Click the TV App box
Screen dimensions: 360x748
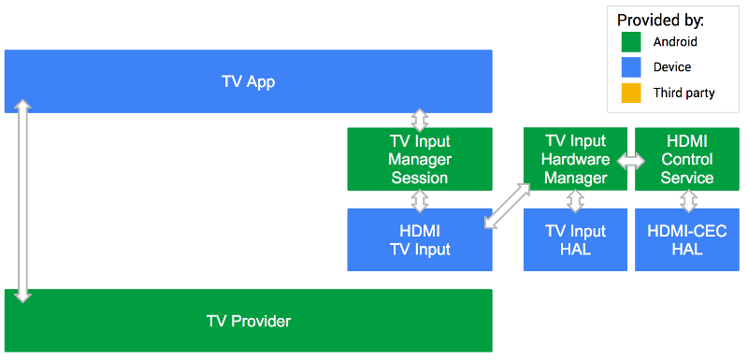tap(248, 81)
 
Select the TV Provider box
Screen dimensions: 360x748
tap(248, 321)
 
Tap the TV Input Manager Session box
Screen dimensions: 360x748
tap(419, 159)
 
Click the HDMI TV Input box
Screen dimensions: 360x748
tap(419, 240)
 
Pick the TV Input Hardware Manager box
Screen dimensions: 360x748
tap(575, 159)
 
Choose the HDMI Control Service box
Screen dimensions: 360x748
tap(687, 159)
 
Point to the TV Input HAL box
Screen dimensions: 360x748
tap(575, 240)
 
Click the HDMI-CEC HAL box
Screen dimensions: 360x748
tap(687, 240)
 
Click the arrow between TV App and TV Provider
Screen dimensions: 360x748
tap(23, 201)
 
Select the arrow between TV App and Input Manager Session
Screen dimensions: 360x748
tap(420, 120)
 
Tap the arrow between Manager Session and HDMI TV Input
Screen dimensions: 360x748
tap(420, 200)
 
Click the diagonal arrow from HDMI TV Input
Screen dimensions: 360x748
tap(508, 206)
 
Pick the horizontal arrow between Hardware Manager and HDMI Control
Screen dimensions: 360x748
tap(631, 161)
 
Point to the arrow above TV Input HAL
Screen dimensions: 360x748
tap(576, 200)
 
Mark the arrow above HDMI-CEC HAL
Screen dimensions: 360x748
tap(688, 200)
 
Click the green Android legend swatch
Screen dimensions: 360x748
tap(631, 42)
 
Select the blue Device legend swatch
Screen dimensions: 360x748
tap(631, 67)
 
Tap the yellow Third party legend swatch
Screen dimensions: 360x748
tap(631, 93)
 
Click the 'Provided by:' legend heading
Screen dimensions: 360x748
tap(660, 19)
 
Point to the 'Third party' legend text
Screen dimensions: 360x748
tap(683, 93)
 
